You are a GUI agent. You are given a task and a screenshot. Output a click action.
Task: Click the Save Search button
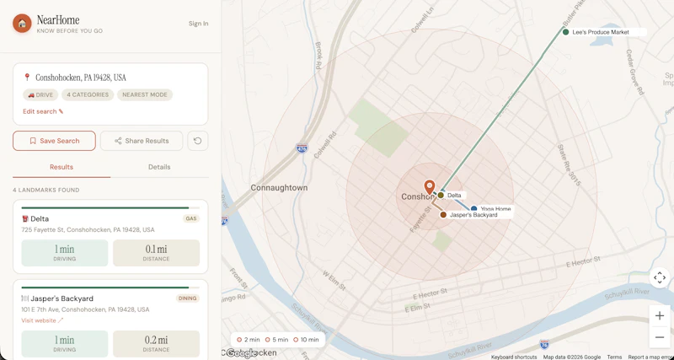[54, 141]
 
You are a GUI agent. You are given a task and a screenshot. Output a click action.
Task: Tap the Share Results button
[142, 141]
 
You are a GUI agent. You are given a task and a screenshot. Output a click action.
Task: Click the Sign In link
[198, 24]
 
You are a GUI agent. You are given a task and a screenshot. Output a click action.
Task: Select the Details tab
[159, 167]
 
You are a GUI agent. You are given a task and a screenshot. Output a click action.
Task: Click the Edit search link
[43, 111]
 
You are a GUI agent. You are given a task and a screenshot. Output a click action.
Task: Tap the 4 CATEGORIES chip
[88, 95]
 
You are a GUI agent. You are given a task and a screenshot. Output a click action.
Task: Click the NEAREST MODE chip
[145, 95]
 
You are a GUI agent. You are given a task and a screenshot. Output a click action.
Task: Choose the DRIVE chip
[40, 95]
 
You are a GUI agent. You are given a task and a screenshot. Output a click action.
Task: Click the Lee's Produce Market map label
[601, 32]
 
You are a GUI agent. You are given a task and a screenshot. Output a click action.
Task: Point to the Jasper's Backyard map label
[473, 215]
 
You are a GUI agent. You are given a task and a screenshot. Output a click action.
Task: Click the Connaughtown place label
[279, 187]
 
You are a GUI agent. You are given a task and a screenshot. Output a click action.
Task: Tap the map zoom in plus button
[660, 316]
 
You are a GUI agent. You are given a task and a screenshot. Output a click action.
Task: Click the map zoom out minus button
[660, 337]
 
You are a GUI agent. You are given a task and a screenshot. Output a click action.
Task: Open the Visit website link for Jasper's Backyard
[42, 320]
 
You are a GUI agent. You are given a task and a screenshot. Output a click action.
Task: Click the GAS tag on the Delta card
[191, 218]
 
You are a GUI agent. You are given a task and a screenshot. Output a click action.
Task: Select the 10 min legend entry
[308, 340]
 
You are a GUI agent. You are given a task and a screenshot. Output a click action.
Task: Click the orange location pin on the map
[430, 187]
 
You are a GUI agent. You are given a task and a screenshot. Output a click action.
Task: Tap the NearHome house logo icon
[22, 24]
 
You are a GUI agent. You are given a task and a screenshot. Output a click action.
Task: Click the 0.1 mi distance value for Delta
[156, 250]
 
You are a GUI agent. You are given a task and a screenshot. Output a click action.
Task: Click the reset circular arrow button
[198, 141]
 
